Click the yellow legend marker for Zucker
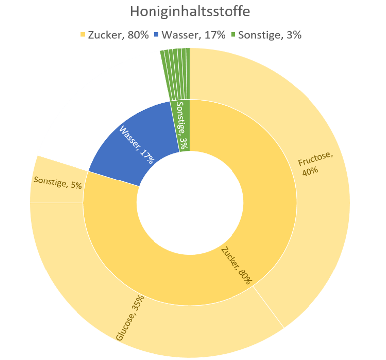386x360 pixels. pos(83,34)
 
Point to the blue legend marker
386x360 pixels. pos(157,34)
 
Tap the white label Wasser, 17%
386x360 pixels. pos(137,145)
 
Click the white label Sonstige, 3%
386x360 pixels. pos(183,125)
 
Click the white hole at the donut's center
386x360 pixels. pos(190,204)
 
